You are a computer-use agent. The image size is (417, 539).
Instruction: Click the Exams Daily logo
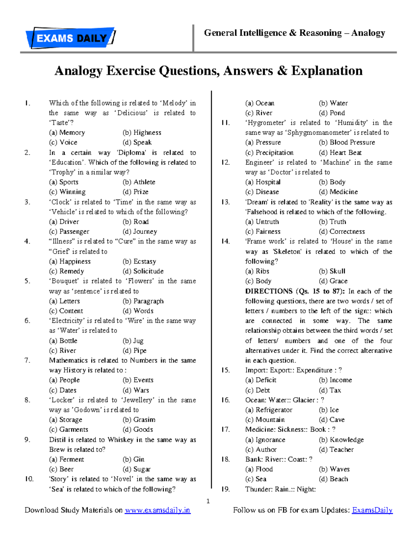[71, 37]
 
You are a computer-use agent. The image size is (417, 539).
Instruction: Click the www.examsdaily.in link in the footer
[157, 510]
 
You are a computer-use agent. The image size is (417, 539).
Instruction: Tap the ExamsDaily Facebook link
[372, 510]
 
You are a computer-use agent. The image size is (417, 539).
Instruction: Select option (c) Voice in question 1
[63, 142]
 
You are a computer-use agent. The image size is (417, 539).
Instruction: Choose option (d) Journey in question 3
[140, 231]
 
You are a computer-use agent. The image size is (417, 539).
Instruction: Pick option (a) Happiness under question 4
[70, 261]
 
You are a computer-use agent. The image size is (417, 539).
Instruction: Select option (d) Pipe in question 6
[134, 351]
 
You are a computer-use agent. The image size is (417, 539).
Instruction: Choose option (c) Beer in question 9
[62, 469]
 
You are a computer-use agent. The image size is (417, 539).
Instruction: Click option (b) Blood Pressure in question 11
[347, 142]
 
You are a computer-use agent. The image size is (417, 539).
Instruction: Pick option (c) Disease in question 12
[262, 192]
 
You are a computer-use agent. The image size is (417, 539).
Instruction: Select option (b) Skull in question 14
[332, 271]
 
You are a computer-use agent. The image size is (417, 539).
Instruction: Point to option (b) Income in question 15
[335, 380]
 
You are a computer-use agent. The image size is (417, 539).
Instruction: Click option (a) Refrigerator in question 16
[269, 410]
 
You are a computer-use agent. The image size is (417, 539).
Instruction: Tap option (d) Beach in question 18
[333, 479]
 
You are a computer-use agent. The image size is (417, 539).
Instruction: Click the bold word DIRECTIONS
[269, 291]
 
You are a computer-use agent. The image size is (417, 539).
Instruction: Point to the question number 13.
[226, 202]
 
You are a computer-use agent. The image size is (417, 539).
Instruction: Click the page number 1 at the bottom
[208, 501]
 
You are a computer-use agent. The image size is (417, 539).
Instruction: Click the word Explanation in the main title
[327, 71]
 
